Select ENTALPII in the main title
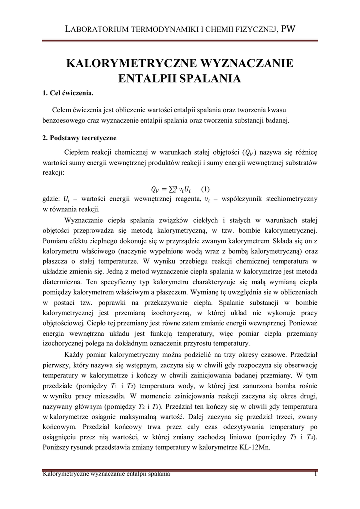tap(142, 78)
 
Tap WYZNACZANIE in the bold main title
tap(246, 64)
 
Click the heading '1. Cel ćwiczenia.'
tap(68, 93)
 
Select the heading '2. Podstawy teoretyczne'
tap(80, 138)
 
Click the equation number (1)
tap(205, 189)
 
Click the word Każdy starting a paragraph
tap(76, 355)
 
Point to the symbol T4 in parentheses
tap(309, 437)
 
